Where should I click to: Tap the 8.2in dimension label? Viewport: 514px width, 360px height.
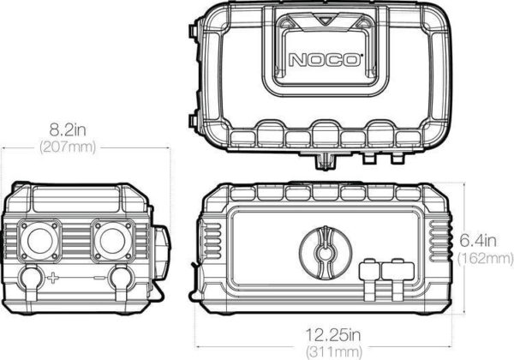[x=68, y=129]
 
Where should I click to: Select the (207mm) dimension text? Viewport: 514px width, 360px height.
[x=68, y=147]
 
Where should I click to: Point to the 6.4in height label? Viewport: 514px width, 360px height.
[x=478, y=241]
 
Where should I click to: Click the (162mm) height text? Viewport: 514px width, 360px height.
[x=485, y=258]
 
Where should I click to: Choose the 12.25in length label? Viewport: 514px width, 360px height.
[x=333, y=335]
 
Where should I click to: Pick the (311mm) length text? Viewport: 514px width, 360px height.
[x=334, y=352]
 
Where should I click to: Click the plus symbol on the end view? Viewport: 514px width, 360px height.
[x=52, y=278]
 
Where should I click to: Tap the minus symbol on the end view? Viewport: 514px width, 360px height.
[x=99, y=278]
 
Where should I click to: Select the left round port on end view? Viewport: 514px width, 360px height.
[x=39, y=241]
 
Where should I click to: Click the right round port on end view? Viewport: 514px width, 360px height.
[x=112, y=241]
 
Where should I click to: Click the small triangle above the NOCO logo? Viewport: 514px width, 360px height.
[x=325, y=21]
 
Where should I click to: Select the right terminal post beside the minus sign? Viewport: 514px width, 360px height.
[x=121, y=282]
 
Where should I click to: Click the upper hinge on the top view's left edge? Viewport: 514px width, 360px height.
[x=193, y=32]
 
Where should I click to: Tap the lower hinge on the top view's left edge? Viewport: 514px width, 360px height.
[x=193, y=122]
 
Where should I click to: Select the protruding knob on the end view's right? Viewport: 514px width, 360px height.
[x=161, y=253]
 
